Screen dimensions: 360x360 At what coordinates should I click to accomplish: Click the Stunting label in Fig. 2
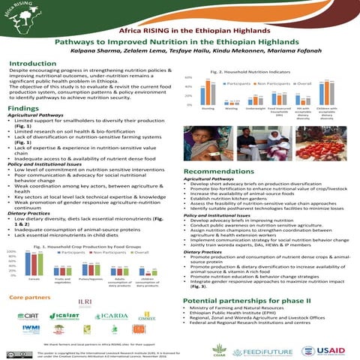pyautogui.click(x=208, y=109)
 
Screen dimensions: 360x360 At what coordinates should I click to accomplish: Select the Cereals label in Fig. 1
pyautogui.click(x=33, y=256)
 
